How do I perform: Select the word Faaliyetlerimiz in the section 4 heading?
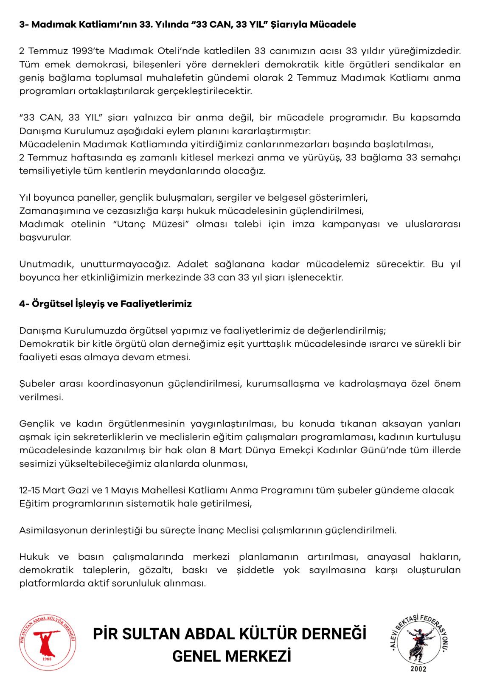[156, 304]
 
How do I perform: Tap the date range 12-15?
[30, 490]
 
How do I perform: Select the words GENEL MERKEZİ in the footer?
[231, 657]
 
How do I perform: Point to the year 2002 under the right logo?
[418, 669]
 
